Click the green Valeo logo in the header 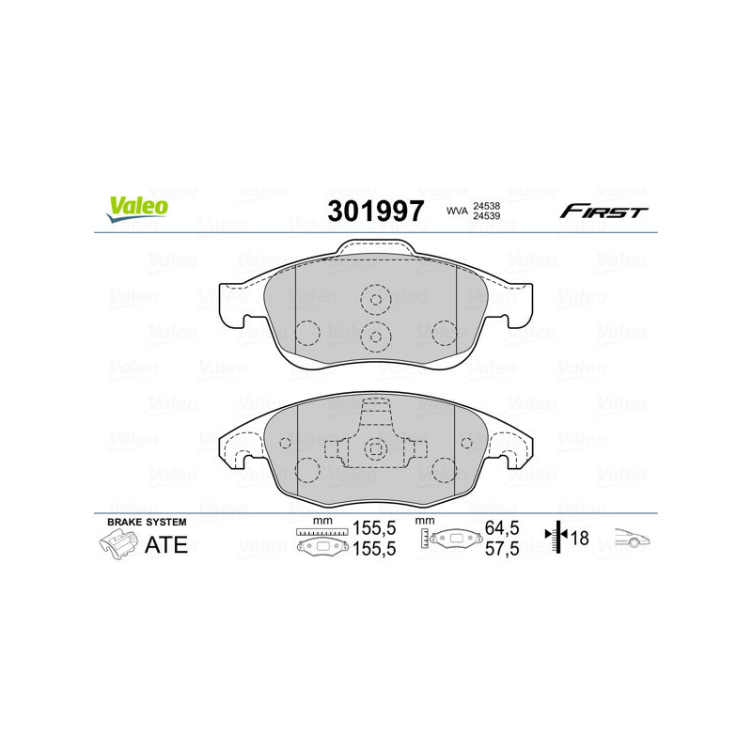(x=137, y=210)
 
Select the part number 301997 (x=375, y=211)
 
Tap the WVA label (x=457, y=211)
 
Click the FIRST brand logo (x=603, y=211)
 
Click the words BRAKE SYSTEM (x=147, y=522)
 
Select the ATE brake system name (x=166, y=545)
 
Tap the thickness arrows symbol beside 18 (x=558, y=539)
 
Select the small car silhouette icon (x=632, y=539)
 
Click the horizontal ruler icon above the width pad (x=321, y=532)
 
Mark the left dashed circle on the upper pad (x=308, y=333)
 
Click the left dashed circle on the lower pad (x=308, y=468)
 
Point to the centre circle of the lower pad (x=376, y=450)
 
